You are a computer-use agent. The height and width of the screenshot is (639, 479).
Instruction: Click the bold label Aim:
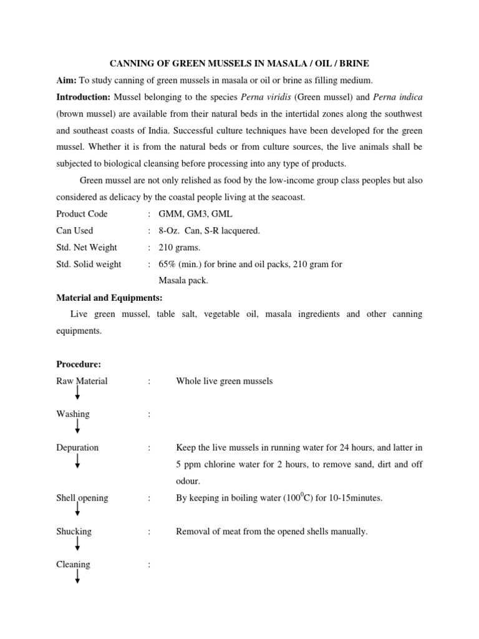[67, 80]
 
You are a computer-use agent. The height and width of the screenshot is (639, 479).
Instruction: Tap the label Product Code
[82, 214]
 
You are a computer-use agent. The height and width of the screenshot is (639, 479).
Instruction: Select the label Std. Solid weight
[89, 265]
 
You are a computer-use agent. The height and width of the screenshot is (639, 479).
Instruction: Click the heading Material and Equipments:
[109, 298]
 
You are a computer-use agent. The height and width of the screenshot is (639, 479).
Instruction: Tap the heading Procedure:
[79, 364]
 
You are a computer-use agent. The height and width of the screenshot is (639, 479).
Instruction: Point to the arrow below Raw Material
[77, 393]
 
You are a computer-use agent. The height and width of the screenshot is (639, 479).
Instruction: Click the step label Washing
[73, 414]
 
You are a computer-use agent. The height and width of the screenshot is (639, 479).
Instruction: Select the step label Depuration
[77, 447]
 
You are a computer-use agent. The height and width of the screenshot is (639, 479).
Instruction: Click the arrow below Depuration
[77, 461]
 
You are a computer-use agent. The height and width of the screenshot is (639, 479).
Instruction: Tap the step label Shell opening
[82, 498]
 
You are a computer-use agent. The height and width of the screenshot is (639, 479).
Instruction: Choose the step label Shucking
[74, 532]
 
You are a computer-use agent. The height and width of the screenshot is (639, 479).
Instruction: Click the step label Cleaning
[73, 565]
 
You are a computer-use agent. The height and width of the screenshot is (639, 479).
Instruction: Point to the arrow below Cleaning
[77, 576]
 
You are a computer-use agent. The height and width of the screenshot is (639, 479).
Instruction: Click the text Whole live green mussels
[225, 381]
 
